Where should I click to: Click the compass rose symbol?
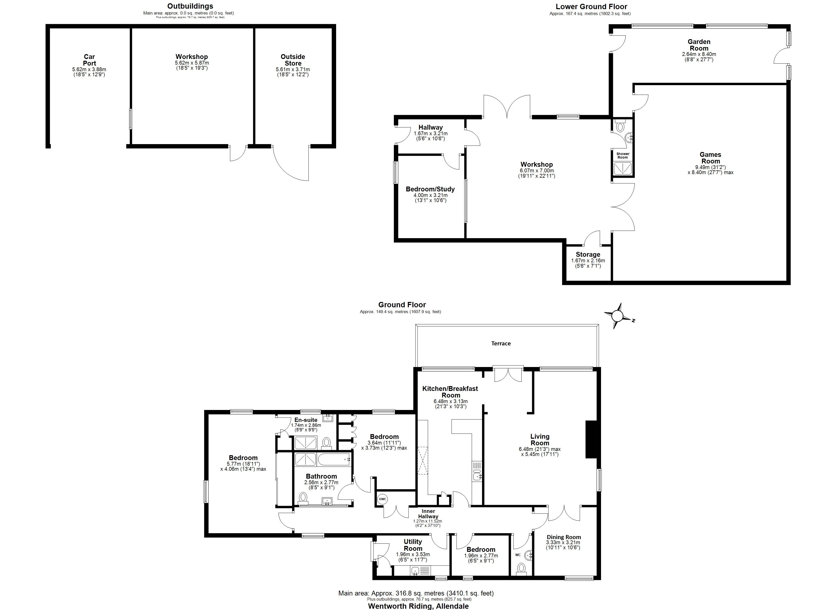(x=617, y=316)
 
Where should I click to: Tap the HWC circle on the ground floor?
(x=382, y=499)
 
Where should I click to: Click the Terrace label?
(x=501, y=344)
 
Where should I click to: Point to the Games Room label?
(x=710, y=158)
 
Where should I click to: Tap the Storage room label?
(x=588, y=254)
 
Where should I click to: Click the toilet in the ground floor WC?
(x=521, y=568)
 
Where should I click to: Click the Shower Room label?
(x=623, y=155)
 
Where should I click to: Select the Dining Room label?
(x=564, y=537)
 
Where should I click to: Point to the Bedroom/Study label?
(x=430, y=189)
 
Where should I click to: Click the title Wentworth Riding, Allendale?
(x=418, y=606)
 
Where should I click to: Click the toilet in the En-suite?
(x=326, y=442)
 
